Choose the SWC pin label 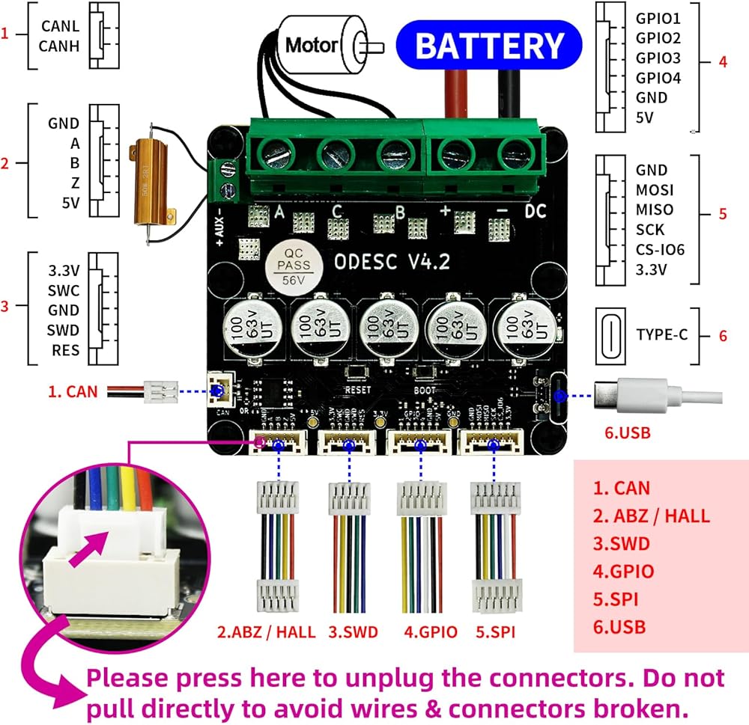(64, 290)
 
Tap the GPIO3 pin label (658, 58)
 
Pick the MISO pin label (654, 210)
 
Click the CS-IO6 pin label (660, 250)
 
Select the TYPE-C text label (661, 334)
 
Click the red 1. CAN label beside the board (72, 390)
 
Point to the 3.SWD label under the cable (353, 632)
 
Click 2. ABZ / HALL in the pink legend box (651, 516)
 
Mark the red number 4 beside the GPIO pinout (722, 62)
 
